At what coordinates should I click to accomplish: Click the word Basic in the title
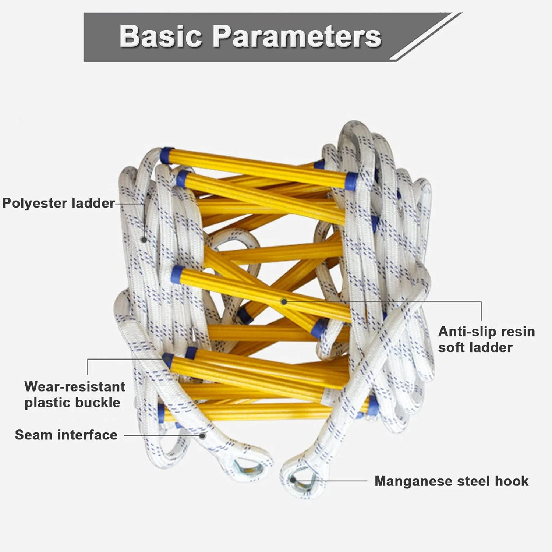pyautogui.click(x=161, y=36)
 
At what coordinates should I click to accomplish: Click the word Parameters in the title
pyautogui.click(x=297, y=36)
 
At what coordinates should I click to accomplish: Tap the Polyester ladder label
pyautogui.click(x=59, y=203)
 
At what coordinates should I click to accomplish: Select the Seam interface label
pyautogui.click(x=66, y=435)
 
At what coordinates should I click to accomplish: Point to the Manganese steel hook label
pyautogui.click(x=452, y=481)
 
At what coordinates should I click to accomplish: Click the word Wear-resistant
pyautogui.click(x=75, y=386)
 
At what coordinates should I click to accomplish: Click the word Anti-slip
pyautogui.click(x=464, y=332)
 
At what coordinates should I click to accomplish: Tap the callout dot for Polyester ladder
pyautogui.click(x=144, y=240)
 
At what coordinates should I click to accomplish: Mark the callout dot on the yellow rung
pyautogui.click(x=284, y=302)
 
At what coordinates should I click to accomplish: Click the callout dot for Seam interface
pyautogui.click(x=202, y=436)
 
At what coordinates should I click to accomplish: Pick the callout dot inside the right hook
pyautogui.click(x=293, y=480)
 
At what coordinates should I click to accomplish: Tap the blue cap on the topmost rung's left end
pyautogui.click(x=167, y=155)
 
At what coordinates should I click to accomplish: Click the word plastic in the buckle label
pyautogui.click(x=48, y=403)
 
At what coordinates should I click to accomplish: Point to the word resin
pyautogui.click(x=518, y=332)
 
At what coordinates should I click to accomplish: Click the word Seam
pyautogui.click(x=33, y=435)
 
